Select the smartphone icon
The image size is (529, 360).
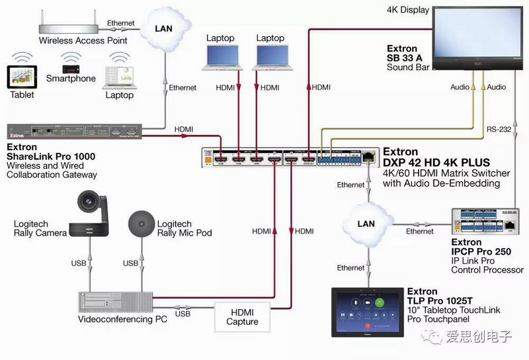coord(71,69)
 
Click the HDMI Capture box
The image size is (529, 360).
coord(242,317)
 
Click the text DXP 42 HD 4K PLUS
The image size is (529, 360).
coord(436,163)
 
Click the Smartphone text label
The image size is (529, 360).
coord(71,79)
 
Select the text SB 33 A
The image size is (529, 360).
coord(407,58)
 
